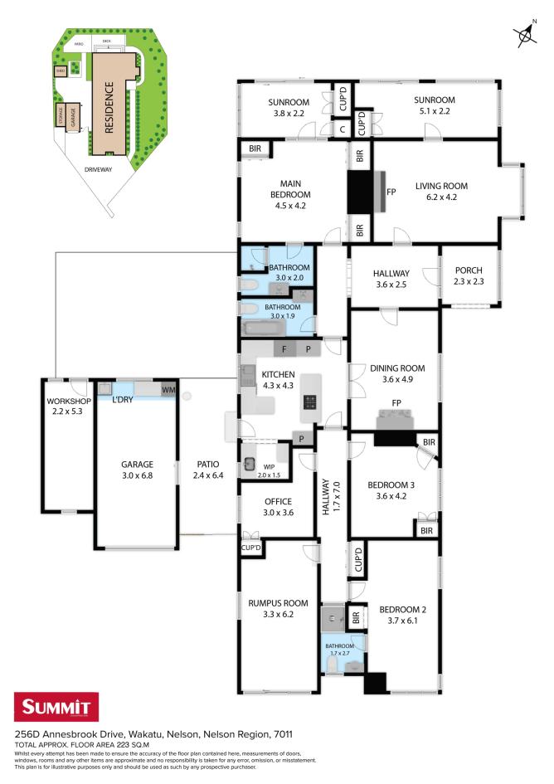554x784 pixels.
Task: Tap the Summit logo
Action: [x=56, y=709]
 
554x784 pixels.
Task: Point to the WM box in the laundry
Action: [x=168, y=389]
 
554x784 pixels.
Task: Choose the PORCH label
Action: [x=469, y=270]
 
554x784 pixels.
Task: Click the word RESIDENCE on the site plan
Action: [x=109, y=106]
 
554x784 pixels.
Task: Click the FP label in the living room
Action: [x=391, y=192]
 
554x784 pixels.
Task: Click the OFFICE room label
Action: [x=279, y=501]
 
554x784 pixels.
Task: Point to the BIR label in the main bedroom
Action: [x=254, y=149]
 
